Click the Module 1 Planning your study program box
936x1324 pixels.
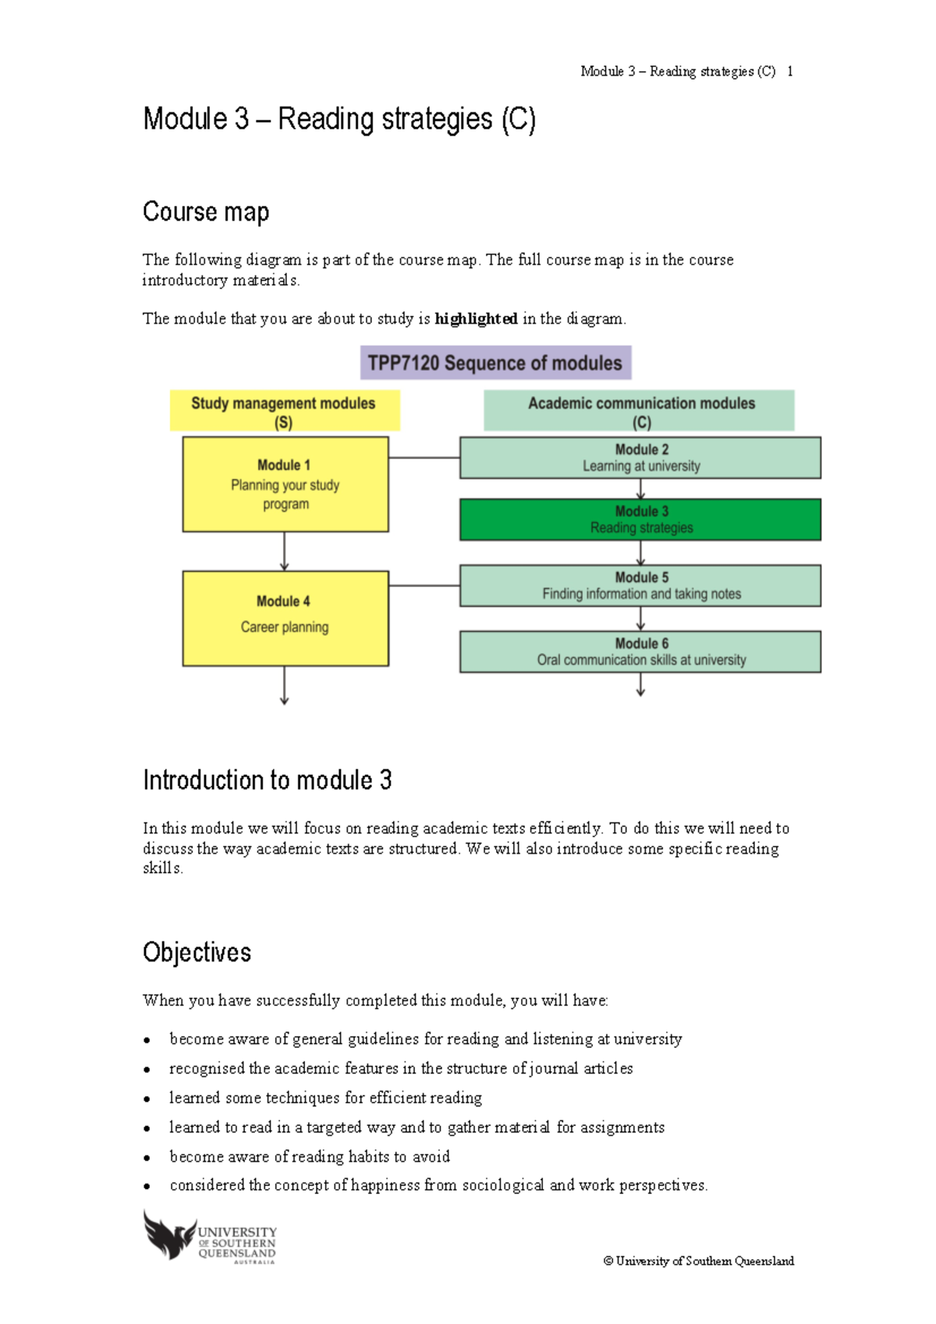285,484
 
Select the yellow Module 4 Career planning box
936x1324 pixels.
285,618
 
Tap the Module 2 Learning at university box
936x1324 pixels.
640,458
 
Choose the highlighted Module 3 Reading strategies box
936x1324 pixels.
640,519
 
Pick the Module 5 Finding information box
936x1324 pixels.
640,586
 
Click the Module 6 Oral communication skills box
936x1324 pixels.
640,652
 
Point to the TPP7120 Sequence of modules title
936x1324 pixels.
495,363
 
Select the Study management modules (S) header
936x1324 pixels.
284,411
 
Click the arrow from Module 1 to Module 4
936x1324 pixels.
285,552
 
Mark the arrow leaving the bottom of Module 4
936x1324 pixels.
285,686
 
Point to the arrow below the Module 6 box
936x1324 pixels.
640,685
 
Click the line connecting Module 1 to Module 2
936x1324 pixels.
424,458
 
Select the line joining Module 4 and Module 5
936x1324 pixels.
424,585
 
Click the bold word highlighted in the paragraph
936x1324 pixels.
476,318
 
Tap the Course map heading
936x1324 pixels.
206,211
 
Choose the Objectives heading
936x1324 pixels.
197,952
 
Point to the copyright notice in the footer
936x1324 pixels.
699,1261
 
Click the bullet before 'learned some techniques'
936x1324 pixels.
147,1099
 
